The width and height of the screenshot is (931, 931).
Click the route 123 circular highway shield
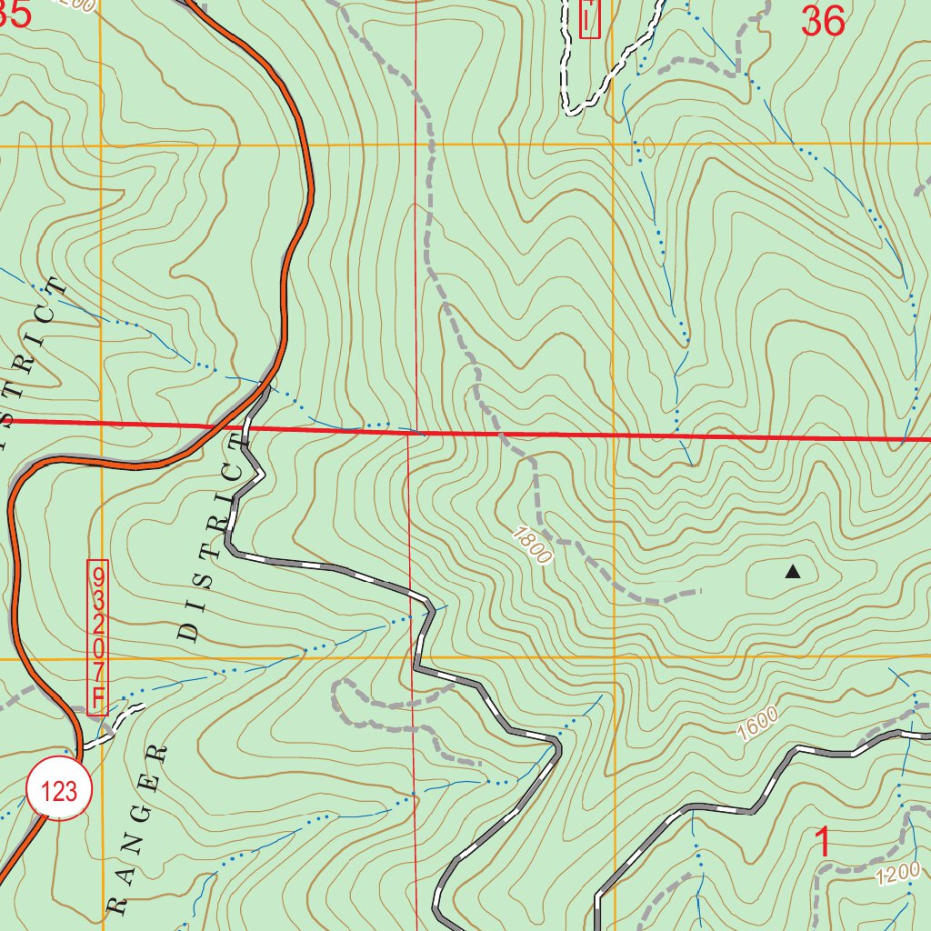coord(59,790)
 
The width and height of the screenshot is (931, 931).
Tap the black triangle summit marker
coord(793,572)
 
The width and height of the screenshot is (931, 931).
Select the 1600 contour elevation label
coord(757,724)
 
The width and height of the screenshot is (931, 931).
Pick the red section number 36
coord(823,21)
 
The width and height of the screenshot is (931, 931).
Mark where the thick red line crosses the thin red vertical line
coord(411,433)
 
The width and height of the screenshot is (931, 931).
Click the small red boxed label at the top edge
coord(590,18)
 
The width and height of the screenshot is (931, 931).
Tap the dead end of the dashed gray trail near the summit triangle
coord(701,591)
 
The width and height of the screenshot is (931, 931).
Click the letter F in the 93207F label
coord(98,700)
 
